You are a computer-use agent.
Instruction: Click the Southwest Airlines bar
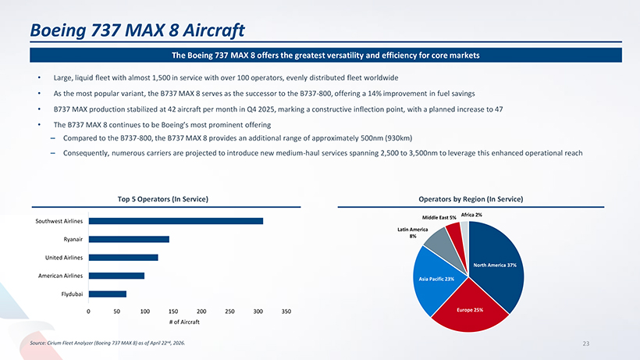click(x=176, y=221)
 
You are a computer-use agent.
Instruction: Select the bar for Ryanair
click(x=129, y=239)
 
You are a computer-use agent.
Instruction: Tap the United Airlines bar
click(x=123, y=258)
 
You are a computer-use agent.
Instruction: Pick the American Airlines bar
click(x=117, y=276)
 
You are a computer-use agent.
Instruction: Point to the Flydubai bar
click(x=108, y=294)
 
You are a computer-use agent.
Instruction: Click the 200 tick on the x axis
click(x=201, y=312)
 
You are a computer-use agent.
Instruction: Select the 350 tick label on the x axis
click(x=286, y=312)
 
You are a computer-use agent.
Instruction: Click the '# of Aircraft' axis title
click(x=184, y=322)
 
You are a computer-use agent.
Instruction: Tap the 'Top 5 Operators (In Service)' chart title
click(x=163, y=199)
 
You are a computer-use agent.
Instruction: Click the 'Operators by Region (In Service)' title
click(x=471, y=199)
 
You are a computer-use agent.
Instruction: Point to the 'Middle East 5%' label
click(x=439, y=218)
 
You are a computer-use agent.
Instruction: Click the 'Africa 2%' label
click(x=471, y=215)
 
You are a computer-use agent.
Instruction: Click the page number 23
click(x=585, y=344)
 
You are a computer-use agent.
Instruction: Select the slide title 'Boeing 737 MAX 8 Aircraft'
click(x=137, y=30)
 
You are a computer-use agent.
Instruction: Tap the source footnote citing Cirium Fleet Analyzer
click(x=108, y=343)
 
